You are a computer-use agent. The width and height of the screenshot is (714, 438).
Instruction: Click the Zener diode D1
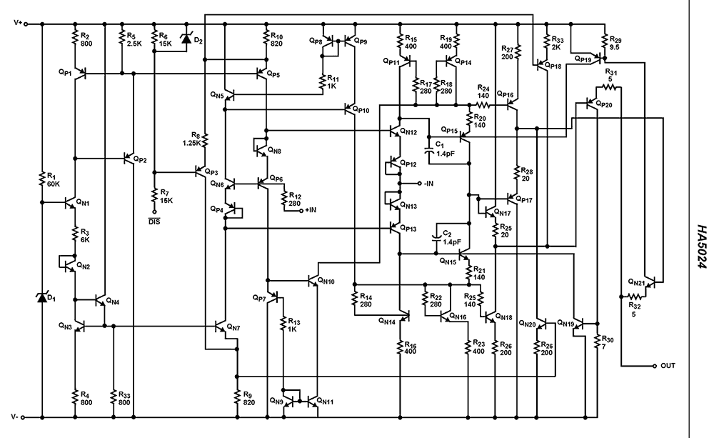click(41, 296)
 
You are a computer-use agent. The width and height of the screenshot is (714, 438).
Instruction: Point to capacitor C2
click(437, 237)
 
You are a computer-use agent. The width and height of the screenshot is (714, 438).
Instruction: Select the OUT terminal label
click(668, 366)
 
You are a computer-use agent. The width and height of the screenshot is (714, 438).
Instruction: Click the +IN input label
click(313, 210)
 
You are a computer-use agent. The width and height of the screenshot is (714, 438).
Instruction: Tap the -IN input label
click(429, 184)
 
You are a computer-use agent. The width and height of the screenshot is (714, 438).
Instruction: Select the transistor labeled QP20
click(590, 104)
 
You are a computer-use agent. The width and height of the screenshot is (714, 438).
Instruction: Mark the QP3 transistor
click(201, 172)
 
